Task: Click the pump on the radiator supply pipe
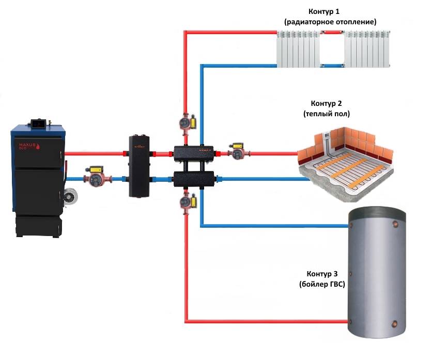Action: click(186, 123)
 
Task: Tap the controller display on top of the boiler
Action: click(38, 124)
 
